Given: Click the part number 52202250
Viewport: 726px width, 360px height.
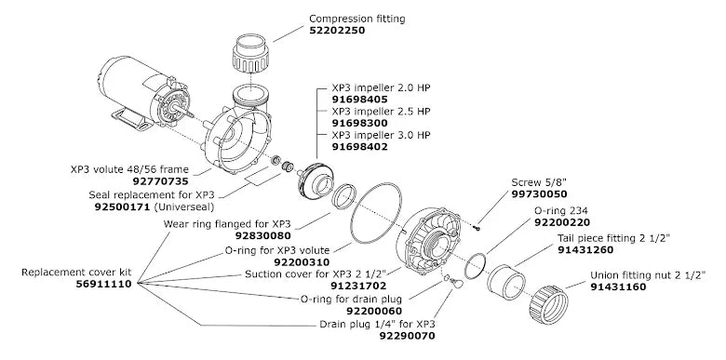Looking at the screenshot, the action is [x=337, y=31].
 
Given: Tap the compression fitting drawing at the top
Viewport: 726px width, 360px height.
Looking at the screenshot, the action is [x=250, y=53].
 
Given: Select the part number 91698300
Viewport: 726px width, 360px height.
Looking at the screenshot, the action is [x=360, y=123].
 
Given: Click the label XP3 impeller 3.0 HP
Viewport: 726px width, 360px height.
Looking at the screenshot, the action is [x=381, y=135].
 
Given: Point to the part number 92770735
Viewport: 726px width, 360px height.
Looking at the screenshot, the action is [x=161, y=181].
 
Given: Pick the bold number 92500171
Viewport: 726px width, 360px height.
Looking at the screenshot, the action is [x=122, y=207].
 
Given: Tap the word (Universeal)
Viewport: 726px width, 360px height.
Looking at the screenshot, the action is [x=183, y=207].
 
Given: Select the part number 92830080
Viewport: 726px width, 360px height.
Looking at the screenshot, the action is [x=263, y=236].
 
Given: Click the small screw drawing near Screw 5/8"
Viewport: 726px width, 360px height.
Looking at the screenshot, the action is [x=477, y=227].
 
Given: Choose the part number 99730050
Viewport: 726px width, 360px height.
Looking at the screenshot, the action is [x=539, y=194].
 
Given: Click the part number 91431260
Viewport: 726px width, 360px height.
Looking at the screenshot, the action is [x=585, y=250].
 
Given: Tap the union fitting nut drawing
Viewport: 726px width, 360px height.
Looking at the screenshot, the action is [x=548, y=305].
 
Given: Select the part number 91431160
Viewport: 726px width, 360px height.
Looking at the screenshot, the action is [x=618, y=287].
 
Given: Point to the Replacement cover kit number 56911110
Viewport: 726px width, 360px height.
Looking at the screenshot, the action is [x=103, y=284].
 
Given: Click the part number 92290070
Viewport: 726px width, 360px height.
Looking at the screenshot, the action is [x=408, y=336].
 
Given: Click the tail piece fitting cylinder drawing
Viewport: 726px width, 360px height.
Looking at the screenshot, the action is [x=506, y=282].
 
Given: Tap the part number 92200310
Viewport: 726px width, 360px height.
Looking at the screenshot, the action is [x=302, y=262].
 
